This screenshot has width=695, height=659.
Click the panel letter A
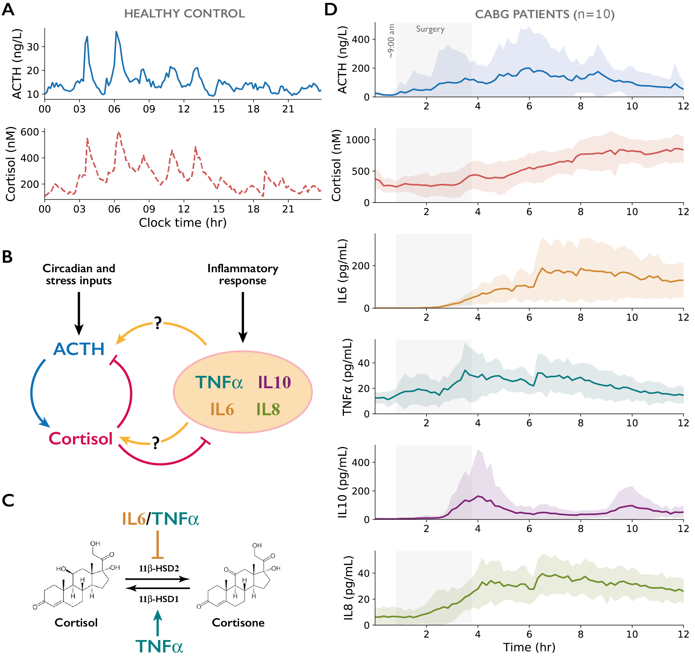pyautogui.click(x=8, y=9)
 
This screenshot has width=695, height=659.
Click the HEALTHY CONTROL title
pyautogui.click(x=184, y=14)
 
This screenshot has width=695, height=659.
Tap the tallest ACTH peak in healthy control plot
pyautogui.click(x=116, y=32)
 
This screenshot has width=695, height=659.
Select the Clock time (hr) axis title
pyautogui.click(x=183, y=223)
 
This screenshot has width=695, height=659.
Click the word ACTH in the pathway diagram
pyautogui.click(x=79, y=349)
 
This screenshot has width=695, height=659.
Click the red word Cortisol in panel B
pyautogui.click(x=81, y=439)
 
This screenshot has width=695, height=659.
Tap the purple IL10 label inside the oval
pyautogui.click(x=274, y=382)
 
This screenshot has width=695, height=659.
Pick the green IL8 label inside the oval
pyautogui.click(x=268, y=409)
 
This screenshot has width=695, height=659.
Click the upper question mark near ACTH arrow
pyautogui.click(x=158, y=323)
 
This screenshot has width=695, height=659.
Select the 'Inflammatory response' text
pyautogui.click(x=243, y=274)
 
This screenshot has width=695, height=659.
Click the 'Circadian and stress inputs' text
pyautogui.click(x=79, y=274)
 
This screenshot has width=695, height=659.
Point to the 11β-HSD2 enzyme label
pyautogui.click(x=159, y=569)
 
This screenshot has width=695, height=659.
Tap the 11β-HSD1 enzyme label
pyautogui.click(x=159, y=599)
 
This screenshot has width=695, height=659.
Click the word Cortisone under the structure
pyautogui.click(x=238, y=623)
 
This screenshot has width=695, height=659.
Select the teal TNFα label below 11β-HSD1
pyautogui.click(x=159, y=647)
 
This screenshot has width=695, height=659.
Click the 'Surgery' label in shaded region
pyautogui.click(x=430, y=29)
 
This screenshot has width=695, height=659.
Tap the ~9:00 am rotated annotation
pyautogui.click(x=391, y=41)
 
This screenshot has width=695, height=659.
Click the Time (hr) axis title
pyautogui.click(x=529, y=647)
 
